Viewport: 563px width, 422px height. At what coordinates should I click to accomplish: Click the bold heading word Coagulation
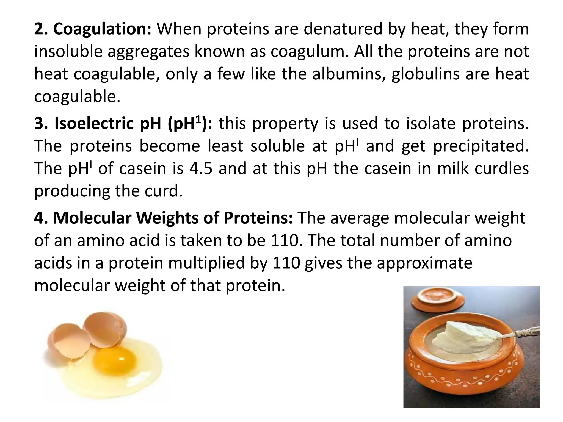pyautogui.click(x=102, y=29)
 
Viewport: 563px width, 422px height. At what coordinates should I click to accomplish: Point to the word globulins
pyautogui.click(x=425, y=74)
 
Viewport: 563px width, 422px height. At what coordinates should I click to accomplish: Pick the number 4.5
pyautogui.click(x=201, y=168)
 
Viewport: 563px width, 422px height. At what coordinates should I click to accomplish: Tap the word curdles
pyautogui.click(x=501, y=168)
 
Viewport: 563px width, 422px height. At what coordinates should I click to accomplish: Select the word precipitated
pyautogui.click(x=481, y=146)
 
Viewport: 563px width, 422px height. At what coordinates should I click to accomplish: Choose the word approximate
pyautogui.click(x=424, y=263)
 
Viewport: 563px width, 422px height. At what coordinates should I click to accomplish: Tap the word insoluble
pyautogui.click(x=68, y=52)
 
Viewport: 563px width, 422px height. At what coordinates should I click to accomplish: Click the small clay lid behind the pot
pyautogui.click(x=438, y=300)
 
